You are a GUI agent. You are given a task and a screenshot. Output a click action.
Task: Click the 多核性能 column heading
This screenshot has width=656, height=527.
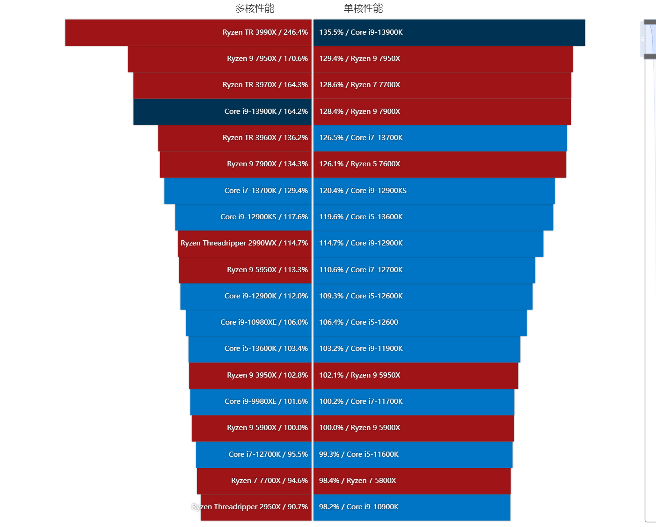coord(255,8)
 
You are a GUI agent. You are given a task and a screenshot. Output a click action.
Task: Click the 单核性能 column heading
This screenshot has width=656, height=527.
coord(363,8)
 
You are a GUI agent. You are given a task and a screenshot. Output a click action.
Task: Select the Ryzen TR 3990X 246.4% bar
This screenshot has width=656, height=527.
coord(188,32)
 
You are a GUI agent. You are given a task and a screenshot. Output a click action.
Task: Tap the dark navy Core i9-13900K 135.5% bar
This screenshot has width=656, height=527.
coord(449,32)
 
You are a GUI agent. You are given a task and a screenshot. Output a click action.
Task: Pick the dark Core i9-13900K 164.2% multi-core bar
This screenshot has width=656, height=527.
coord(222,111)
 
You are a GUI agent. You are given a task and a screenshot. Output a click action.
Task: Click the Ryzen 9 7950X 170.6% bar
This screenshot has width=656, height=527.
coord(219,59)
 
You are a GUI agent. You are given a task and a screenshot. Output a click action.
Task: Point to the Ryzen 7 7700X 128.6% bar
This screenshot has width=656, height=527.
coord(442,85)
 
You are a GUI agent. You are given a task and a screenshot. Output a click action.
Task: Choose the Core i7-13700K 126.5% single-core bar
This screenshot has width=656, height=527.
coord(440,138)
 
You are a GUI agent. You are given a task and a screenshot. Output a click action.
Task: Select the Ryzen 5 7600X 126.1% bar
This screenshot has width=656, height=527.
coord(440,164)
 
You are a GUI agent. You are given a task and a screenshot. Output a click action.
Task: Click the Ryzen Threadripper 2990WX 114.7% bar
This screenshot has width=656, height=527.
coord(244,243)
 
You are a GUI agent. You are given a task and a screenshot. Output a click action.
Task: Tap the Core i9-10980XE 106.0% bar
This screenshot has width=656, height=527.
coord(248,322)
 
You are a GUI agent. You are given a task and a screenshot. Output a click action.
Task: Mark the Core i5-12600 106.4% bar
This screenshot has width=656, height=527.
coord(420,322)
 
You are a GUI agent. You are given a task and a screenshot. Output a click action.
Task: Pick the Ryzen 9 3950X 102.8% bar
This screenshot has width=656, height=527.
coord(250,375)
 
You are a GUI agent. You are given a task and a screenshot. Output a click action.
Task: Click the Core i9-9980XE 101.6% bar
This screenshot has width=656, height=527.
coord(251,401)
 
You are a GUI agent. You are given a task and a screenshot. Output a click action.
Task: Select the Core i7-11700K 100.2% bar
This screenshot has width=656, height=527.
coord(414,401)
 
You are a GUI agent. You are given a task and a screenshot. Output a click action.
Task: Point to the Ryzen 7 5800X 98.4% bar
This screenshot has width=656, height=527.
coord(412,481)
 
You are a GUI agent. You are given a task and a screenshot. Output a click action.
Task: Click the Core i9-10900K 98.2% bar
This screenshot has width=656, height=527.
coord(412,507)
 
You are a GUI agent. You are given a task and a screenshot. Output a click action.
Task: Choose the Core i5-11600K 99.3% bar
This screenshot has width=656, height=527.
coord(413,454)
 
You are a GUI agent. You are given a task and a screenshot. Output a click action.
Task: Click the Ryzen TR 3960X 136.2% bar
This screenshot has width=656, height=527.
coord(234,138)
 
